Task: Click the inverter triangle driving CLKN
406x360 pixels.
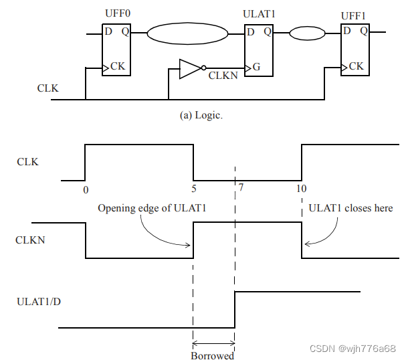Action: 189,68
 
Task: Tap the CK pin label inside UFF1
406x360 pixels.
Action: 357,66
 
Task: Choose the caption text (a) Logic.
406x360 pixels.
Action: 201,115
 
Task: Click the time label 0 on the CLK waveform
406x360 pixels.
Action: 85,190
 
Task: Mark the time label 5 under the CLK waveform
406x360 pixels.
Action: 194,189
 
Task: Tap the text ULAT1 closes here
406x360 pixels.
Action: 350,208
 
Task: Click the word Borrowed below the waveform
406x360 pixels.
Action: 213,355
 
